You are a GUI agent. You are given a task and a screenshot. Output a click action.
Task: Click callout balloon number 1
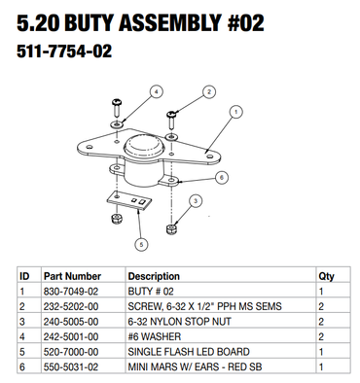pos(236,112)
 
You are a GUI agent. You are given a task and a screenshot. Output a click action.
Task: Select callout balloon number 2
pos(209,92)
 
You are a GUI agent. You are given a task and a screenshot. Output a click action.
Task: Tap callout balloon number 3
pos(196,201)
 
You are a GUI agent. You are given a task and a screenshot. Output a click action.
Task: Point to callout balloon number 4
pos(157,92)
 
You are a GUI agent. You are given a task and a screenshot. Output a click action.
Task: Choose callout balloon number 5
pos(141,244)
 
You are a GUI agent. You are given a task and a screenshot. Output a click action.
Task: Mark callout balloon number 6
pos(222,177)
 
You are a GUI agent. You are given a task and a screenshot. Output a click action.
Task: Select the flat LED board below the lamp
pos(129,201)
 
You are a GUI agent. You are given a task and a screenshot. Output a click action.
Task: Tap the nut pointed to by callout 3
pos(171,228)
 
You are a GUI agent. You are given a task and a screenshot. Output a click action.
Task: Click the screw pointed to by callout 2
pos(171,119)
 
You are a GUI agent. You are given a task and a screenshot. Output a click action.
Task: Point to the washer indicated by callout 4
pos(117,123)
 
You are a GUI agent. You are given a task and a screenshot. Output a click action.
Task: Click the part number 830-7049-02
pos(71,292)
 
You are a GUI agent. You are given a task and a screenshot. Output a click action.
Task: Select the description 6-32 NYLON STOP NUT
pos(179,322)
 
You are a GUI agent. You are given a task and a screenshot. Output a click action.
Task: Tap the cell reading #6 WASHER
pos(155,336)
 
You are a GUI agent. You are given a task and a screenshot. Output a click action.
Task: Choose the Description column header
pos(154,276)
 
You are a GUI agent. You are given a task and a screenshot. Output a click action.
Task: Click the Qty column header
pos(326,277)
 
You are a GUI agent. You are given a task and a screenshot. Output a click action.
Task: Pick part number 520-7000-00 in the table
pos(71,352)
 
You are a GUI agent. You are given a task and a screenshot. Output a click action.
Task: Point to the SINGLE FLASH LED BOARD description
pos(189,352)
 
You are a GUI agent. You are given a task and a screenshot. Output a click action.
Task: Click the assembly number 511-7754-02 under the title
pos(64,52)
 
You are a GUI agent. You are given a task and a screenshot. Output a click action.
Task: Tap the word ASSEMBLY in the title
pos(169,23)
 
